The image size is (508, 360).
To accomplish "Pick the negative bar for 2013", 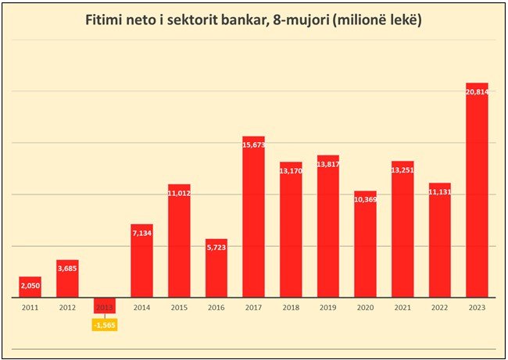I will click(105, 305).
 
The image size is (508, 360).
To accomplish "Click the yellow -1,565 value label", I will click(105, 324).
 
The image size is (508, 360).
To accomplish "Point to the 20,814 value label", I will click(477, 92).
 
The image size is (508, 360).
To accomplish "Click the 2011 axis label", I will click(30, 308).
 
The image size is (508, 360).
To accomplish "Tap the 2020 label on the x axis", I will click(365, 308).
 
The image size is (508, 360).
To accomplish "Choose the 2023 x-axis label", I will click(477, 308).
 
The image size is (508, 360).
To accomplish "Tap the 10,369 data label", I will click(365, 200).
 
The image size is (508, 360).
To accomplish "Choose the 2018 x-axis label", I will click(291, 308).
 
